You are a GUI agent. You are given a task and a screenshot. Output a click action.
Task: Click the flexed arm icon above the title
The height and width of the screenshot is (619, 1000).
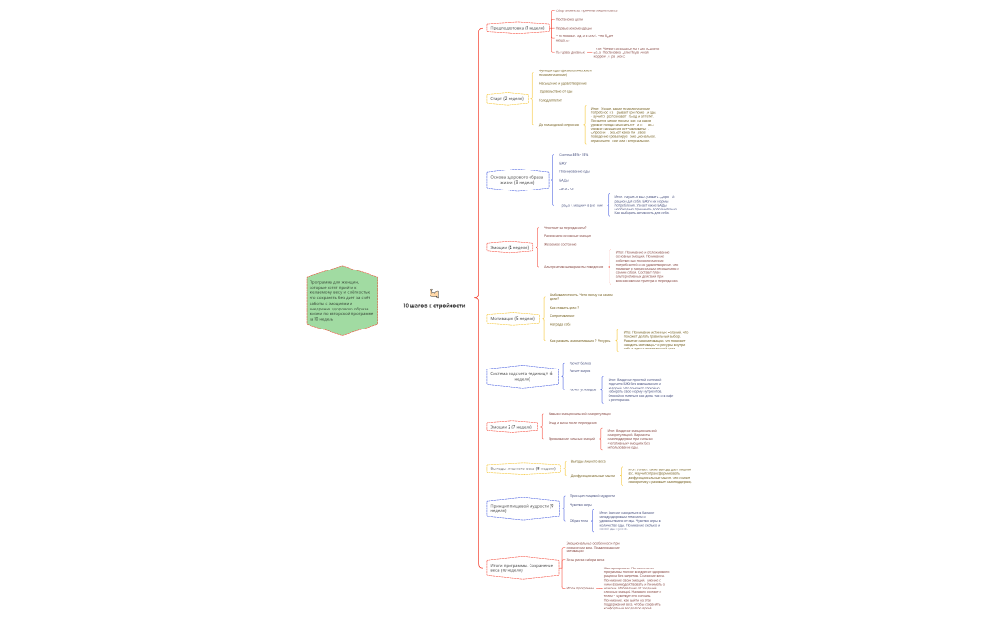point(434,293)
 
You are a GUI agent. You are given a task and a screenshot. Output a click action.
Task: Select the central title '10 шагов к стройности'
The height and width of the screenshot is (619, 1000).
point(434,306)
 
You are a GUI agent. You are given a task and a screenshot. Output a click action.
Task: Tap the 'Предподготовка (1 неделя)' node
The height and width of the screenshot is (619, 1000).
point(516,28)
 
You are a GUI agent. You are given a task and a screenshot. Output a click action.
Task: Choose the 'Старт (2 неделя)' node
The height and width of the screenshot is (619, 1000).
point(507,98)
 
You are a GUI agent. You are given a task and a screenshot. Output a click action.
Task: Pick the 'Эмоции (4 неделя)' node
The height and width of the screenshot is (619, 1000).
point(509,247)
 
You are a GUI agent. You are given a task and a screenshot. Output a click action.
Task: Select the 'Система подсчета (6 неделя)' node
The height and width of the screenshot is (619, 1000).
point(521,376)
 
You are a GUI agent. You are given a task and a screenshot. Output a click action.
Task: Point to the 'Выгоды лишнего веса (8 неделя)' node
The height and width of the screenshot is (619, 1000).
point(523,469)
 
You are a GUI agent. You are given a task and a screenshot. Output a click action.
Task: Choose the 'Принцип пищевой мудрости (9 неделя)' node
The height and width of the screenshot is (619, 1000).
point(520,508)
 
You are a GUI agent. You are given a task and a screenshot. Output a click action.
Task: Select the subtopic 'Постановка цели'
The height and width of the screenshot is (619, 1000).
point(570,19)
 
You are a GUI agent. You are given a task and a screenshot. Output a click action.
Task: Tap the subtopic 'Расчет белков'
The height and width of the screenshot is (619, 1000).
point(580,363)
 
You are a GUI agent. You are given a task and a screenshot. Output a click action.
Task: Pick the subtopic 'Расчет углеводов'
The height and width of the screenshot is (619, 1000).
point(582,389)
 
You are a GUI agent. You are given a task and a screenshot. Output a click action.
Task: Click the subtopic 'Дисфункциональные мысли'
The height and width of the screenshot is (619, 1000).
point(592,475)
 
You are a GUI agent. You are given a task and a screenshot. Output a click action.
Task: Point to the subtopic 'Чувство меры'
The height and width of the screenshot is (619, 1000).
point(581,505)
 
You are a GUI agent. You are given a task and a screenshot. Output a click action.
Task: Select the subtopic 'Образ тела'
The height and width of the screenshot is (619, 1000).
point(578,521)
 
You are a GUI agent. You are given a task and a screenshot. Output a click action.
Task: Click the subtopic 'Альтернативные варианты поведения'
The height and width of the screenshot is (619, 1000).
point(572,267)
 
